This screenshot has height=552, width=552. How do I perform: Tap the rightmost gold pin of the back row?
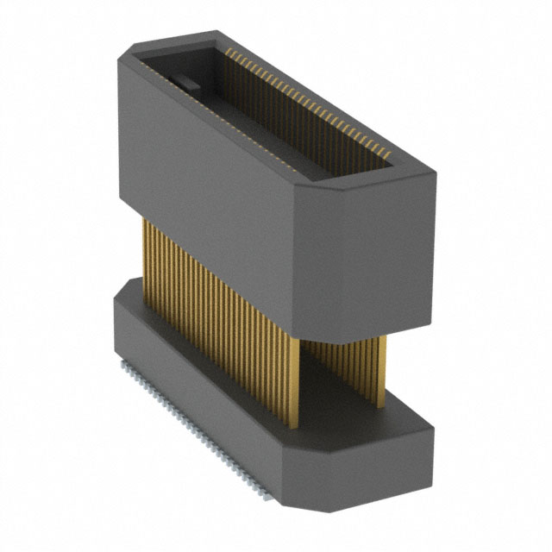click(382, 371)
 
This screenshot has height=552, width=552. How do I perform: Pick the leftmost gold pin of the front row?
click(144, 250)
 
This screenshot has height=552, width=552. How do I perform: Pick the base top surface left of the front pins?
click(129, 293)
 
